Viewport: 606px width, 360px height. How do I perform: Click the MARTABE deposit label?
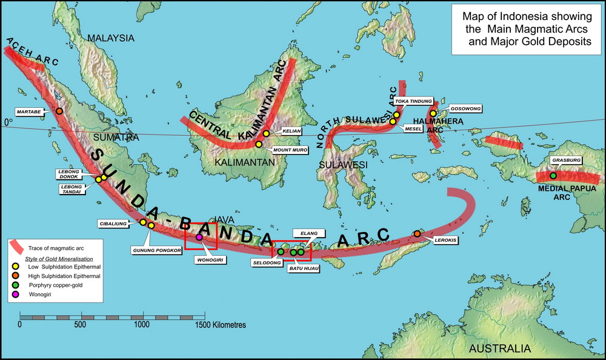[x=28, y=112]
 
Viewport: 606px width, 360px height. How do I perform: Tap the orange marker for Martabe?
[x=59, y=111]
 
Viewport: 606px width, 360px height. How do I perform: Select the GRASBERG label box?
[x=567, y=161]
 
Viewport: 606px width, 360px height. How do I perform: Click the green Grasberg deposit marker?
[x=553, y=176]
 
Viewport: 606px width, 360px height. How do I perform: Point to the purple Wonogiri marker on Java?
[x=199, y=237]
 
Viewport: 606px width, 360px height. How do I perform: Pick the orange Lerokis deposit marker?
[x=417, y=233]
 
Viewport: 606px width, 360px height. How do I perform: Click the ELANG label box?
[x=305, y=232]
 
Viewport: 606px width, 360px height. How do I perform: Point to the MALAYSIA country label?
[x=110, y=38]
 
